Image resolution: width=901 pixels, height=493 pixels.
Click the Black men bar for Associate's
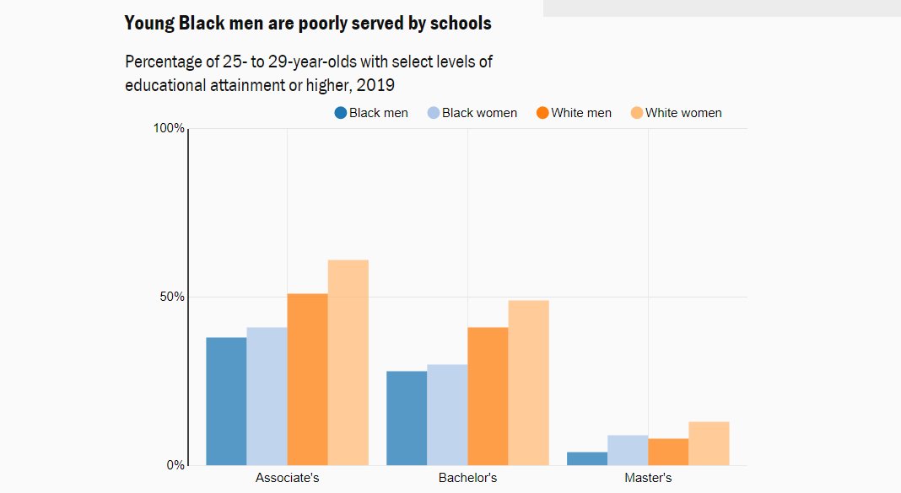click(226, 401)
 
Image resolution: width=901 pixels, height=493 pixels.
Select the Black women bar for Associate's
click(267, 396)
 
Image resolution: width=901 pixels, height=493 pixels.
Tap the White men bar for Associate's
click(307, 379)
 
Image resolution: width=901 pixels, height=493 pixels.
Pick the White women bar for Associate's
click(348, 362)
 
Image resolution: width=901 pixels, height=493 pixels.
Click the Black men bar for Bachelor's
click(407, 418)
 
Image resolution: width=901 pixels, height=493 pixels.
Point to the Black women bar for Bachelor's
click(447, 415)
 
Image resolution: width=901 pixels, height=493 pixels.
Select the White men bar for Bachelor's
click(488, 396)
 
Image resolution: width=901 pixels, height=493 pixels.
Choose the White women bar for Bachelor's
click(528, 383)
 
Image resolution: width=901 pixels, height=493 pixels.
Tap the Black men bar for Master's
click(587, 458)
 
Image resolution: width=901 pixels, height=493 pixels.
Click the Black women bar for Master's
click(628, 450)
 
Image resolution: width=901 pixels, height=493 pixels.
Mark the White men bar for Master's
click(668, 452)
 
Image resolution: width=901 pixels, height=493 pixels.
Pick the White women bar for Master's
click(709, 443)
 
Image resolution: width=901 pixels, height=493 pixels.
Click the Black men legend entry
click(371, 113)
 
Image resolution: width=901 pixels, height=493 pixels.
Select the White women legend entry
click(676, 113)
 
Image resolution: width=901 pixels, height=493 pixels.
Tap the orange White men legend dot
click(542, 113)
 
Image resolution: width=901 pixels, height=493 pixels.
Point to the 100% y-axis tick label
click(169, 128)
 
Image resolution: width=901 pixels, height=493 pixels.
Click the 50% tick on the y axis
click(172, 297)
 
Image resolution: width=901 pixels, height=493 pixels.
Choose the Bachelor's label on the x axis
click(467, 478)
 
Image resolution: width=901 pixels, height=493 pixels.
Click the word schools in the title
click(461, 24)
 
